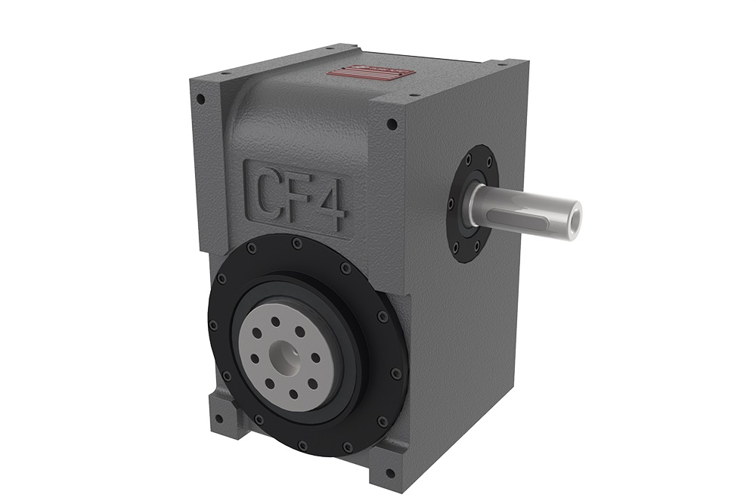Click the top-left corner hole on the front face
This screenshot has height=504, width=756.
pyautogui.click(x=200, y=99)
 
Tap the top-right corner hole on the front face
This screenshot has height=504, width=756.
pyautogui.click(x=392, y=124)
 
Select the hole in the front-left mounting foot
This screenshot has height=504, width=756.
pyautogui.click(x=218, y=417)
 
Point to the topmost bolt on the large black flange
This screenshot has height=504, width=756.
pyautogui.click(x=297, y=243)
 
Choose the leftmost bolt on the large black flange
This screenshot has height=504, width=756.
pyautogui.click(x=213, y=325)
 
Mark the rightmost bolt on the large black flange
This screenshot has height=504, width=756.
pyautogui.click(x=398, y=373)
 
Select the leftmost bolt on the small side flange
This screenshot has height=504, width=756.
pyautogui.click(x=451, y=204)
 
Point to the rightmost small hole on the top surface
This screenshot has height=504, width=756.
pyautogui.click(x=415, y=97)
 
